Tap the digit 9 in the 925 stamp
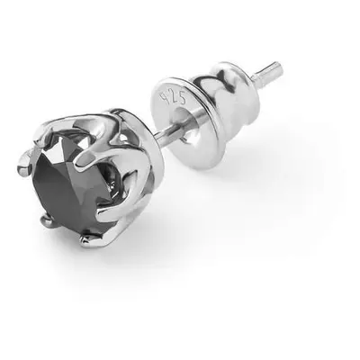[164, 97]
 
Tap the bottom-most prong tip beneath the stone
[87, 240]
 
